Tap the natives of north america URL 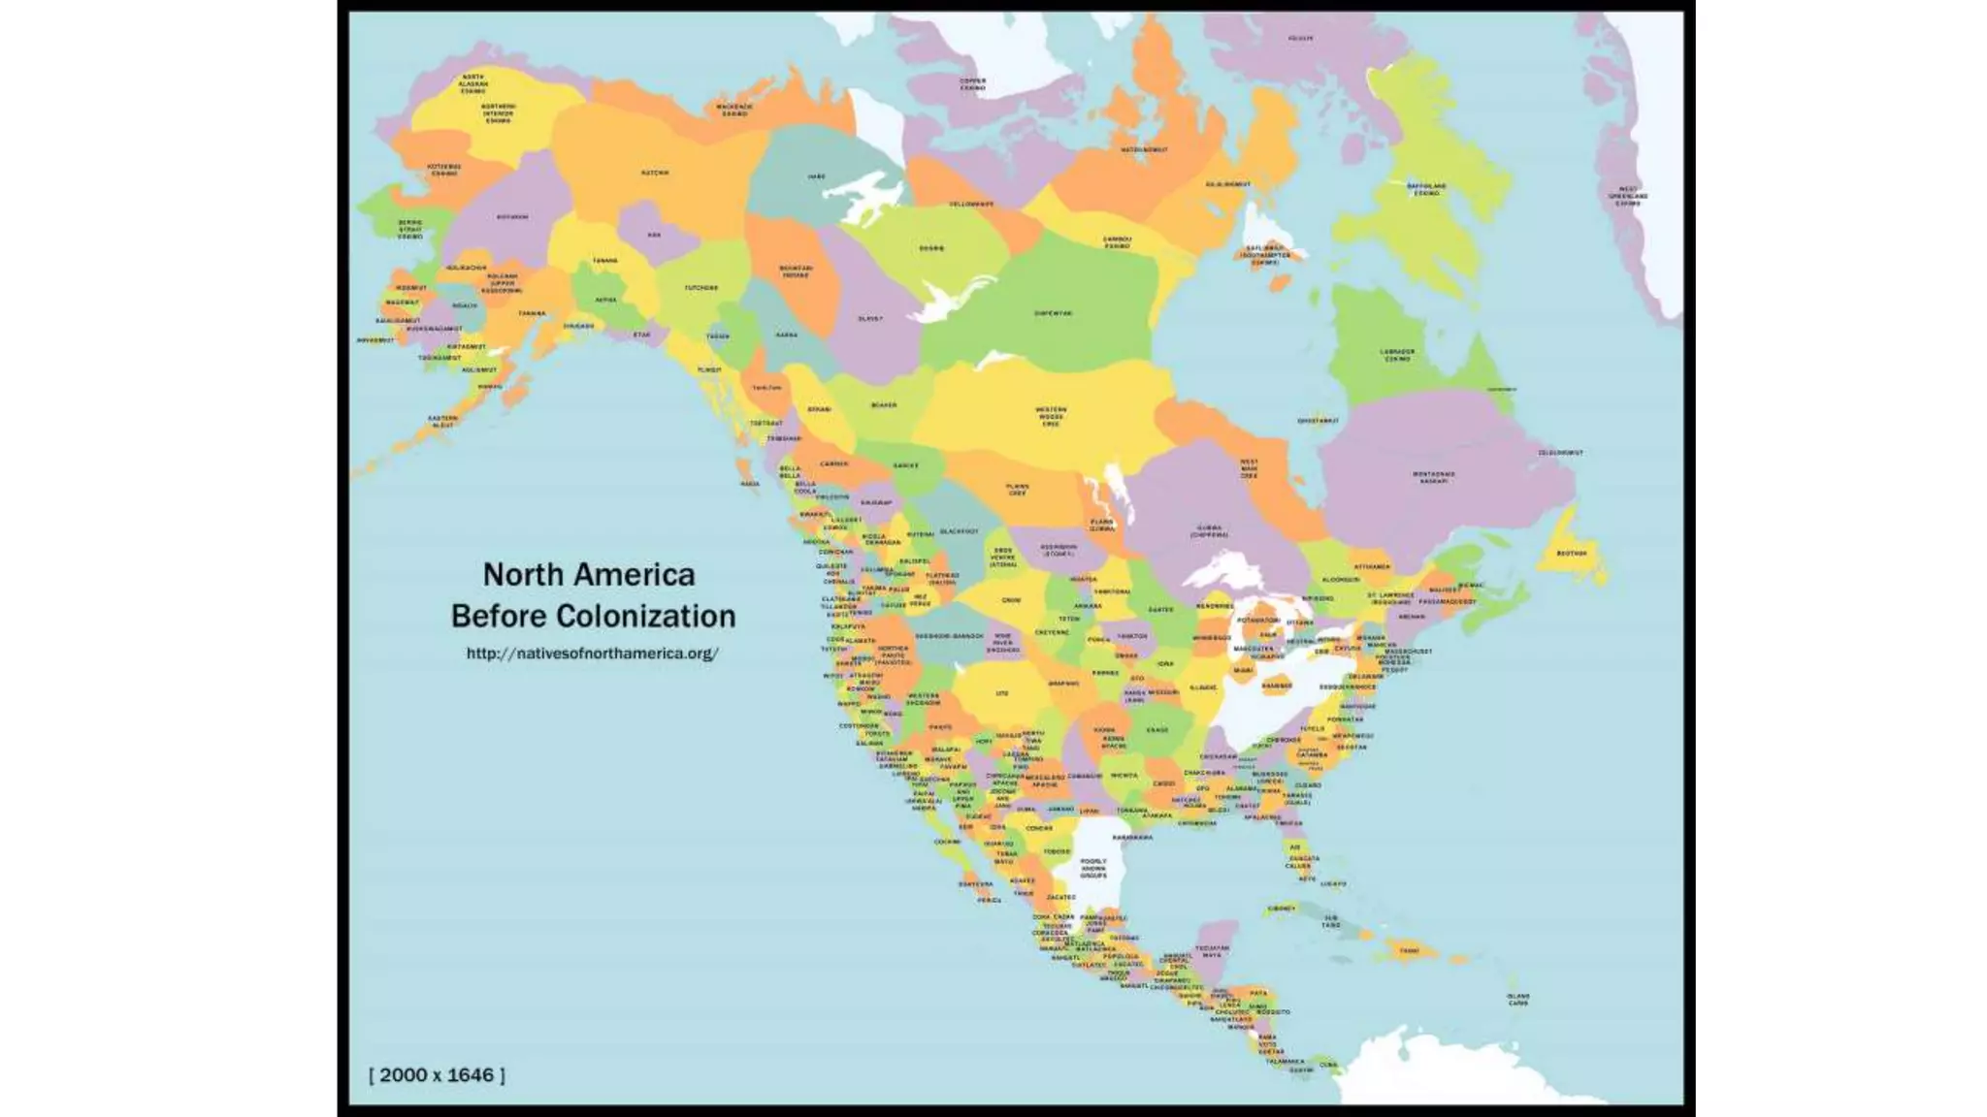click(x=592, y=654)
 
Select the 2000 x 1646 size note click(x=437, y=1075)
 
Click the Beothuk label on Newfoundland click(x=1572, y=554)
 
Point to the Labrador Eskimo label click(x=1397, y=356)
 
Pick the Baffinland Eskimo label click(x=1426, y=189)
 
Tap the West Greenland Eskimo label click(x=1628, y=196)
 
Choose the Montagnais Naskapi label click(x=1434, y=477)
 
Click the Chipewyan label click(x=1053, y=313)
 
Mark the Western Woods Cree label click(x=1051, y=416)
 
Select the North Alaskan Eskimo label click(x=473, y=83)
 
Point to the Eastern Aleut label click(x=442, y=422)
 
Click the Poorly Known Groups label click(x=1093, y=868)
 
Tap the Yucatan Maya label click(x=1212, y=951)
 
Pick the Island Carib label click(x=1518, y=1000)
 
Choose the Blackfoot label click(x=960, y=531)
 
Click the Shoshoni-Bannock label click(x=949, y=636)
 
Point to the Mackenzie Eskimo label click(x=734, y=110)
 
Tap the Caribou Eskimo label click(x=1117, y=242)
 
